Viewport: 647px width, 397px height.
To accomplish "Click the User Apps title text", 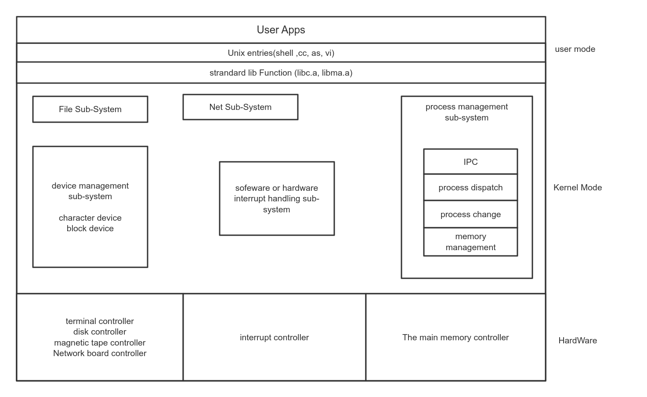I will point(281,30).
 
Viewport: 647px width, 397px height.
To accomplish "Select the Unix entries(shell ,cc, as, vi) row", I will point(281,53).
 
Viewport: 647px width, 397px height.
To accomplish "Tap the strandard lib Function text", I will point(281,73).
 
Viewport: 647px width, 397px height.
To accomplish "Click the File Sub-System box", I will point(90,109).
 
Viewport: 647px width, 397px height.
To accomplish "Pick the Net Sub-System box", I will point(240,107).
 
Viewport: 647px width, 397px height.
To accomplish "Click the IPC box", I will point(470,162).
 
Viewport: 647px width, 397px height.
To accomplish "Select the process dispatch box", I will point(470,188).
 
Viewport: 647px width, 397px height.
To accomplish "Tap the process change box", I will point(470,215).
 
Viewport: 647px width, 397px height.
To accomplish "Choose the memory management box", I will point(470,242).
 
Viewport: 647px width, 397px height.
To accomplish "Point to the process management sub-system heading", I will point(466,112).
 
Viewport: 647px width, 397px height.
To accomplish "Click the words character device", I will point(90,218).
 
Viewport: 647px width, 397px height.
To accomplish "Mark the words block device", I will point(90,229).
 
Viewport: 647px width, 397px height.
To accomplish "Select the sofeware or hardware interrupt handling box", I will point(277,199).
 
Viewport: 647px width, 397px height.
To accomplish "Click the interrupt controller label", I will point(274,338).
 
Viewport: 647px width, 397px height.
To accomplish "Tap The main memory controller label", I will point(455,338).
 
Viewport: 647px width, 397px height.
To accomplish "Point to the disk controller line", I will point(100,332).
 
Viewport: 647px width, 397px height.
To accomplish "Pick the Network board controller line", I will point(100,353).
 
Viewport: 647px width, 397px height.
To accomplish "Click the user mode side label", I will point(575,49).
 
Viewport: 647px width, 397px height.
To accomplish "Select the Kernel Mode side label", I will point(578,188).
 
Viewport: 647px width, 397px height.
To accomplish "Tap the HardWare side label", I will point(578,341).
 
